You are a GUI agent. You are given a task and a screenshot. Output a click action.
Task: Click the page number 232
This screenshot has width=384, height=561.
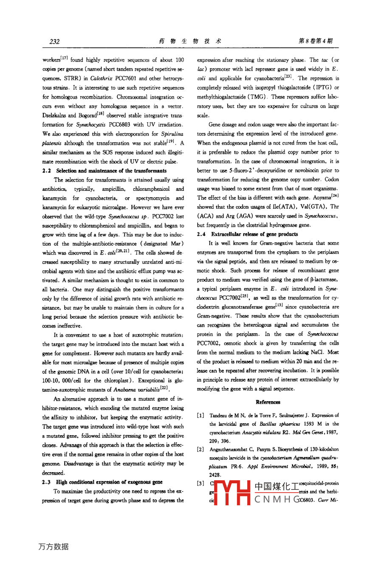54,41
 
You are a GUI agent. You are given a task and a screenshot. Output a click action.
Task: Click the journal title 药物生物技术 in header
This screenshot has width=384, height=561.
190,41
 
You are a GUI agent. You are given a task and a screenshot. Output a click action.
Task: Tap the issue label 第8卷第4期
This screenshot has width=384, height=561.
316,41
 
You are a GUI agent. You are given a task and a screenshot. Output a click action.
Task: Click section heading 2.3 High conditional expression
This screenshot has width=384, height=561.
102,482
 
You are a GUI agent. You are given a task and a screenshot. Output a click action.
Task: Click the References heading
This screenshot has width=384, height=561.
268,402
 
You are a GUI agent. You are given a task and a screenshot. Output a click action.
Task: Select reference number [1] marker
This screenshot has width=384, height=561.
200,415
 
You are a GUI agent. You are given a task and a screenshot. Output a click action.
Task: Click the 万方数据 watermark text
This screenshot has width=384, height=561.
53,547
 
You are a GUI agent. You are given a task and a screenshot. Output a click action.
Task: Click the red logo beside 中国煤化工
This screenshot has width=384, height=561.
232,493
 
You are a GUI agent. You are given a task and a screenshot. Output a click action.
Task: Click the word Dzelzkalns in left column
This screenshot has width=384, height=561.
55,116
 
